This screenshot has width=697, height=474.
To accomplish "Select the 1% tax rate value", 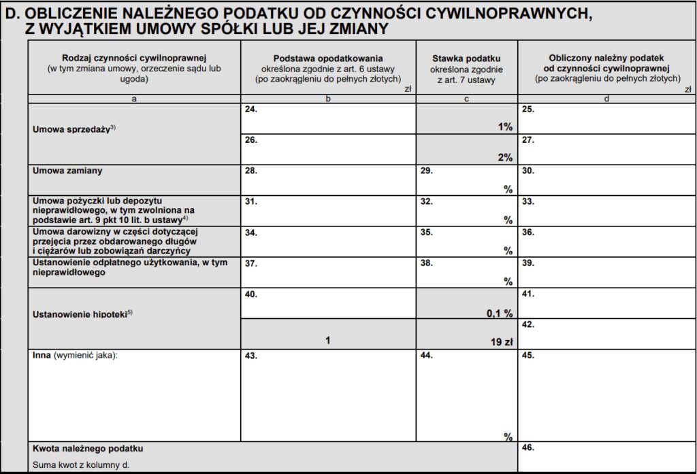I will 504,126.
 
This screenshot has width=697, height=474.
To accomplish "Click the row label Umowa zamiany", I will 68,171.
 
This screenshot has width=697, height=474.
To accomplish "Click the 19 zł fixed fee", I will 501,342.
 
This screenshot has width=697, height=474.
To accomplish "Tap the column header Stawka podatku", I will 466,58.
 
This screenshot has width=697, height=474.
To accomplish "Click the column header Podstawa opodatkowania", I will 328,58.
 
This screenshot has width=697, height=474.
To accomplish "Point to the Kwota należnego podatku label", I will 88,449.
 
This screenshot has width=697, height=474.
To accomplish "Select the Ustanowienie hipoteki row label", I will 82,315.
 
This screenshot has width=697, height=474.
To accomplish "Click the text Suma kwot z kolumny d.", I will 80,465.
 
